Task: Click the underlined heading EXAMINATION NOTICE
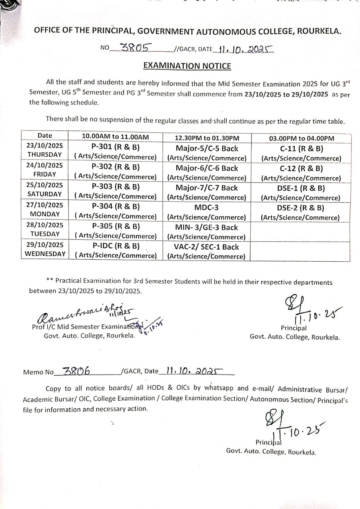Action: [187, 66]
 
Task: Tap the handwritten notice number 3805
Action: [135, 48]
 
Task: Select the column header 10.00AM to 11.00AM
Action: [115, 136]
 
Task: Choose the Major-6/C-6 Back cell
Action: [206, 168]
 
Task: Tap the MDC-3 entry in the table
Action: [206, 208]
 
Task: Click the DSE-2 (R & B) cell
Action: [301, 208]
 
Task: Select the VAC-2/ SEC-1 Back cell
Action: [206, 247]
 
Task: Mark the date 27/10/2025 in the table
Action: [45, 205]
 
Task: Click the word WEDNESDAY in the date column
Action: [45, 254]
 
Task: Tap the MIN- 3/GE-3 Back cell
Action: [206, 227]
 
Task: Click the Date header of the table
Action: [45, 136]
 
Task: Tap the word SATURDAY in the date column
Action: [45, 194]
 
